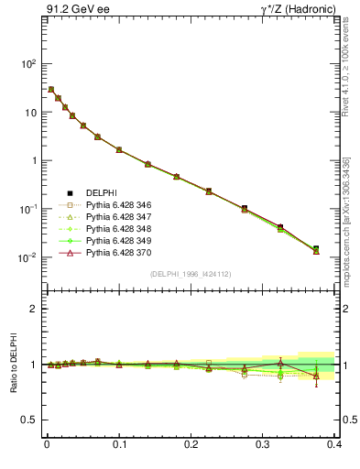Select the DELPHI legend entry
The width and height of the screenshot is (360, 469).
click(102, 191)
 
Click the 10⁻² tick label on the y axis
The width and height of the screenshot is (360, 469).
click(27, 257)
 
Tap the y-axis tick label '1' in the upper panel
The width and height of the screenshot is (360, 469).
click(33, 161)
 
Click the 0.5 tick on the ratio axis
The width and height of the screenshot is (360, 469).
click(27, 420)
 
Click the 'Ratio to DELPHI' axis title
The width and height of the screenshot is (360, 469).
click(12, 365)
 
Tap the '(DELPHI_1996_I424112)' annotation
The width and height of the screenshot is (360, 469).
click(191, 274)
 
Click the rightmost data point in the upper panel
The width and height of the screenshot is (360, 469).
click(316, 248)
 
